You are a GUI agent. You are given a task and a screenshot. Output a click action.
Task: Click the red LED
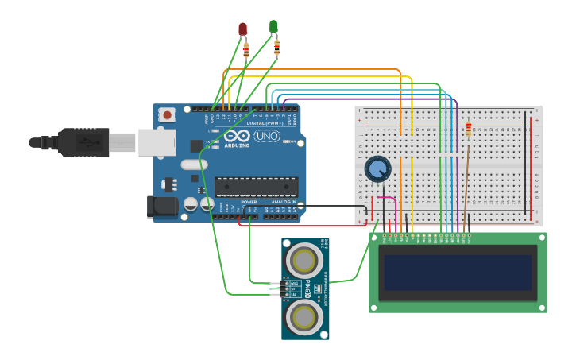click(x=243, y=29)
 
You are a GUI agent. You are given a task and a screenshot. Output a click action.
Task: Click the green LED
click(x=274, y=27)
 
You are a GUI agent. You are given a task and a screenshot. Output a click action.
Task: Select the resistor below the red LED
click(x=245, y=50)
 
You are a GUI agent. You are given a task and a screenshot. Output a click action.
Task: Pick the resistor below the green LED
click(x=276, y=48)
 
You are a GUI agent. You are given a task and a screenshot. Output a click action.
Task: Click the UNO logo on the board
click(x=267, y=137)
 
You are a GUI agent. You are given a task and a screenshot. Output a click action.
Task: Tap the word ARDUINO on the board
click(x=237, y=145)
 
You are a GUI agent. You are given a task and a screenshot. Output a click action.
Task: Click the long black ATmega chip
click(x=256, y=187)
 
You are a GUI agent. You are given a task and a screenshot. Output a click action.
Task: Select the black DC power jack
click(x=164, y=207)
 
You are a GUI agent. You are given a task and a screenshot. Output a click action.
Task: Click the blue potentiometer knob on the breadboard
click(x=377, y=168)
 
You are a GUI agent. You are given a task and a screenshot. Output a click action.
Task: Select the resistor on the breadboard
click(x=468, y=129)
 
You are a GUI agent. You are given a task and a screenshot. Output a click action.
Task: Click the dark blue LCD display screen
click(x=458, y=272)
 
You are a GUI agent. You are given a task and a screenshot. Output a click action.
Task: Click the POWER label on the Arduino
click(x=249, y=202)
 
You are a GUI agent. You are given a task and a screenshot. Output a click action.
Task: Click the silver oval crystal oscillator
click(x=194, y=165)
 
